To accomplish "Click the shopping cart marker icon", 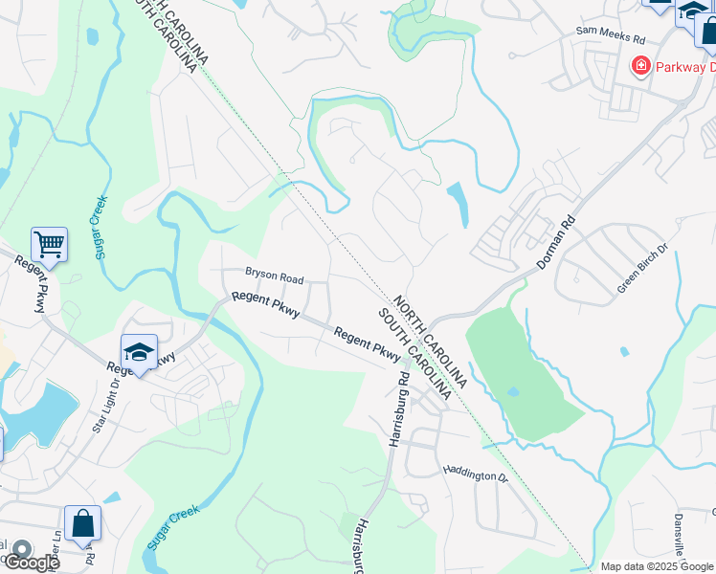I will click(x=49, y=245).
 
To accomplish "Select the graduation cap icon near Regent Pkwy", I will click(x=139, y=352).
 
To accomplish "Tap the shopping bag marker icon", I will click(x=83, y=523).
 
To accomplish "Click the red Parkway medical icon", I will click(x=639, y=66).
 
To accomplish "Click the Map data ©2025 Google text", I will click(x=658, y=566).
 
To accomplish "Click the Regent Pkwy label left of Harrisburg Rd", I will click(x=366, y=345).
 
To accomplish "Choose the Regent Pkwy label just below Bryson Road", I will click(x=266, y=304).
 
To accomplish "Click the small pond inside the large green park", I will click(x=513, y=391).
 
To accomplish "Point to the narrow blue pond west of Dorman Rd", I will click(x=458, y=204).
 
